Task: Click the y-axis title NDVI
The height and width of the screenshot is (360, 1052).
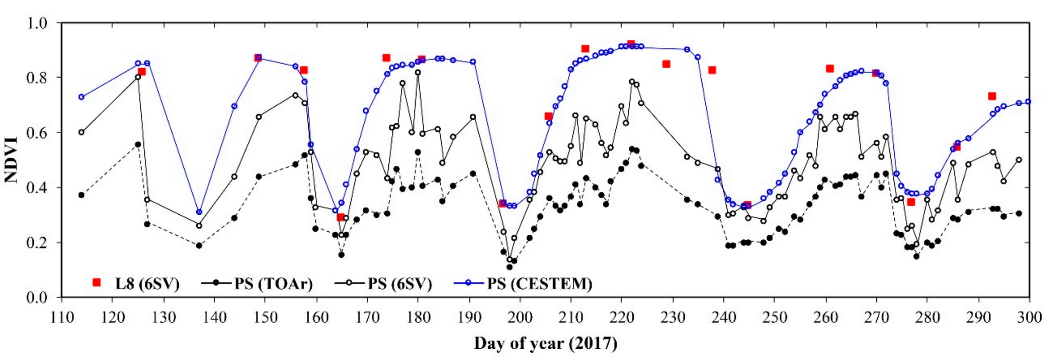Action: coord(11,160)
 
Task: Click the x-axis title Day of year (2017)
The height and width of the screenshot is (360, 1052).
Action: coord(545,343)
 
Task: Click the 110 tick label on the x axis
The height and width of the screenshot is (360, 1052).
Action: coord(62,317)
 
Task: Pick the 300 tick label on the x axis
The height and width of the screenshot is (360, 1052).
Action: coord(1029,317)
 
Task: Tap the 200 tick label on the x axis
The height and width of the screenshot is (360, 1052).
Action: coord(520,317)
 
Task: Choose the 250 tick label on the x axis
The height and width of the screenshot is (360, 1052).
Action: coord(774,317)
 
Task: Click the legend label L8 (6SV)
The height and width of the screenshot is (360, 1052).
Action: coord(147,283)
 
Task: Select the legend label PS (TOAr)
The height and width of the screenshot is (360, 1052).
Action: coord(273,283)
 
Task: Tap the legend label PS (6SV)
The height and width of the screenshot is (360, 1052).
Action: coord(400,283)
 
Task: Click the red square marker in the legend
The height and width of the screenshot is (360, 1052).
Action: coord(96,282)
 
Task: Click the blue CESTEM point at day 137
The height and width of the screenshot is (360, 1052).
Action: coord(199,212)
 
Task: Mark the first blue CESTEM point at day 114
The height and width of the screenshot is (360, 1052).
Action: coord(81,97)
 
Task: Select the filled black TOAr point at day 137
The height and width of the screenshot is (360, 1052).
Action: coord(199,245)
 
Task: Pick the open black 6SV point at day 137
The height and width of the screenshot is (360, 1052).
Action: coord(199,225)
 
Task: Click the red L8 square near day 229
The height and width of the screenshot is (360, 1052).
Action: coord(666,64)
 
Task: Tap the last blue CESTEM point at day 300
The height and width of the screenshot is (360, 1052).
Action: coord(1028,102)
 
